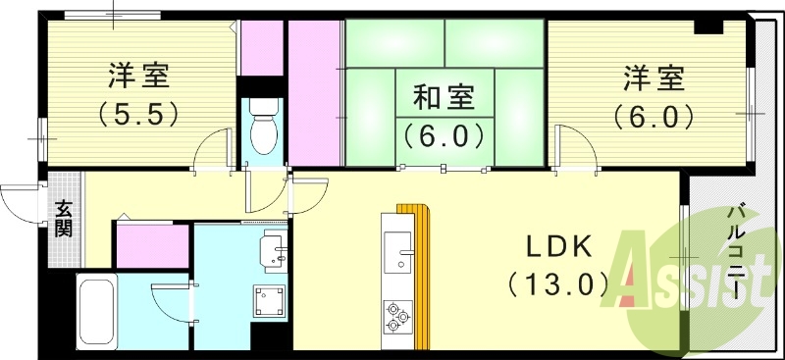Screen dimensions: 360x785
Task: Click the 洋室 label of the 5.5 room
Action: click(137, 77)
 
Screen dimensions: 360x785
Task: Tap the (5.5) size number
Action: click(137, 115)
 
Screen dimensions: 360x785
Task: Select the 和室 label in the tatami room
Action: click(443, 98)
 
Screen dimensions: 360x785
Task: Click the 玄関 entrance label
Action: click(63, 219)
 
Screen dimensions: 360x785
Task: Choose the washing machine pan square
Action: click(270, 302)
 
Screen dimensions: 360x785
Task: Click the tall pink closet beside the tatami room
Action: click(313, 93)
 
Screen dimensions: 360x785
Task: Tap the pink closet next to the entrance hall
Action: click(152, 245)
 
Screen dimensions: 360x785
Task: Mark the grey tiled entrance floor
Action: click(63, 221)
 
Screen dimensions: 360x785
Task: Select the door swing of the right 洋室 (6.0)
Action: click(579, 152)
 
